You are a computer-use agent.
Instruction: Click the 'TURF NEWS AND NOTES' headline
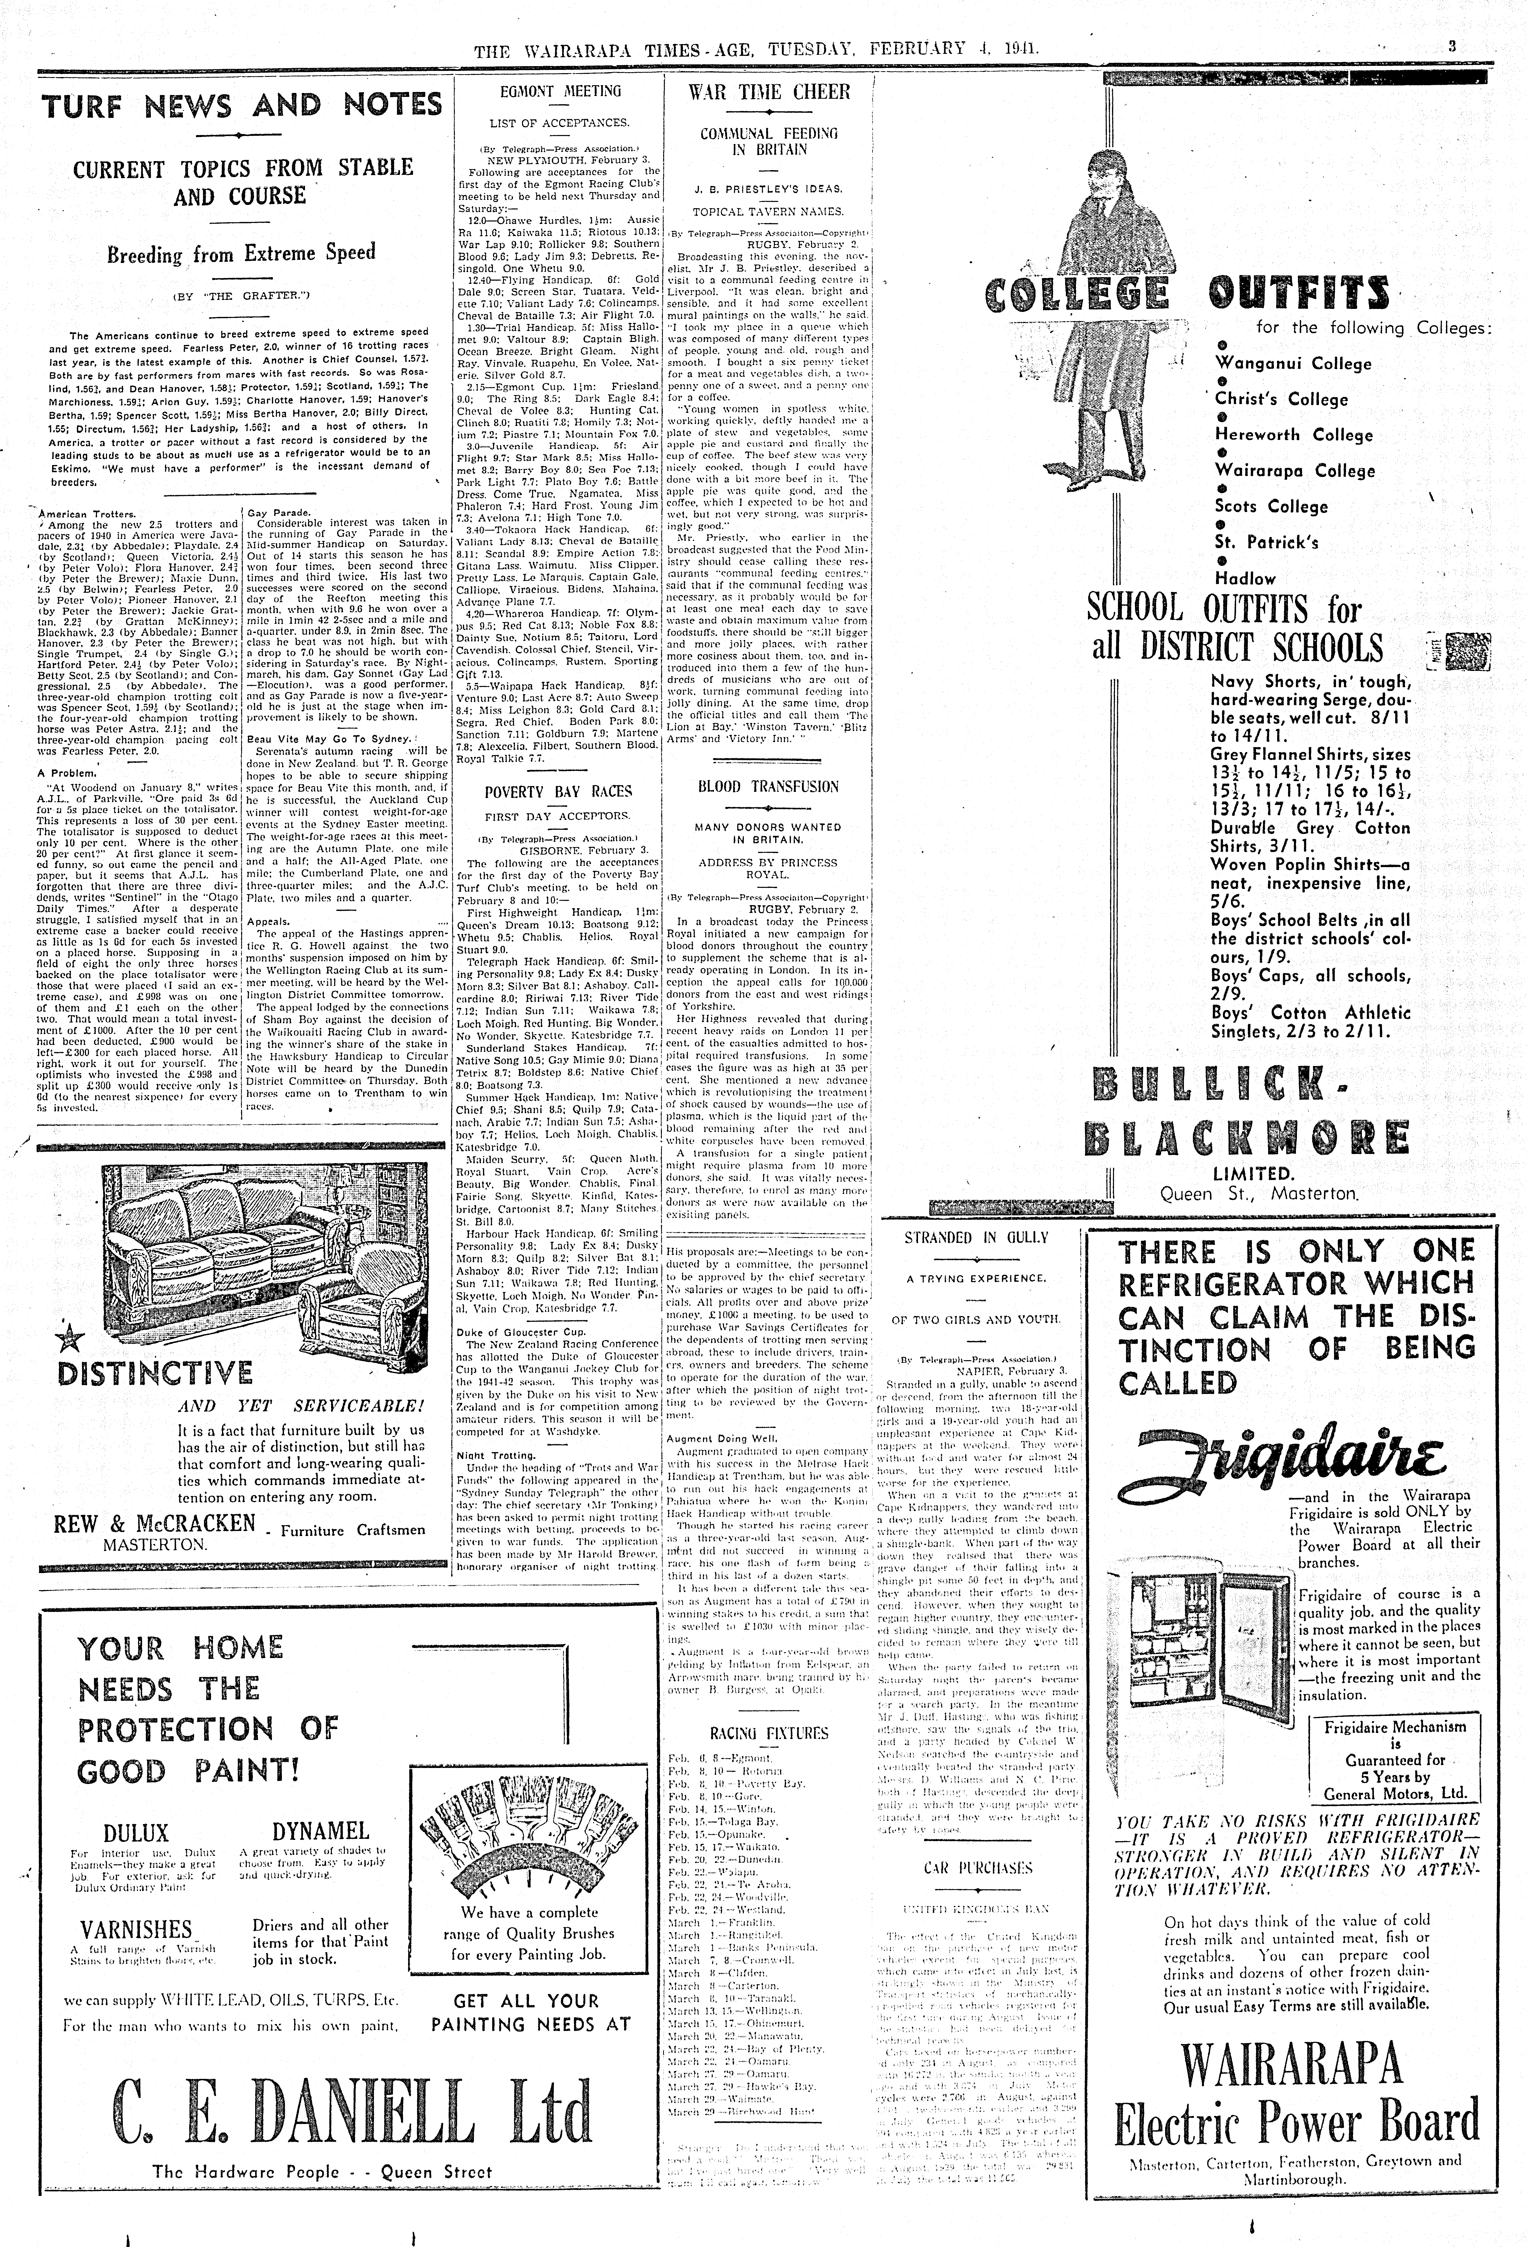coord(242,105)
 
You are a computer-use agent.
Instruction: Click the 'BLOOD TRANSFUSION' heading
coord(769,786)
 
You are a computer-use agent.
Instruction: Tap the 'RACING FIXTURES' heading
coord(769,1733)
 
